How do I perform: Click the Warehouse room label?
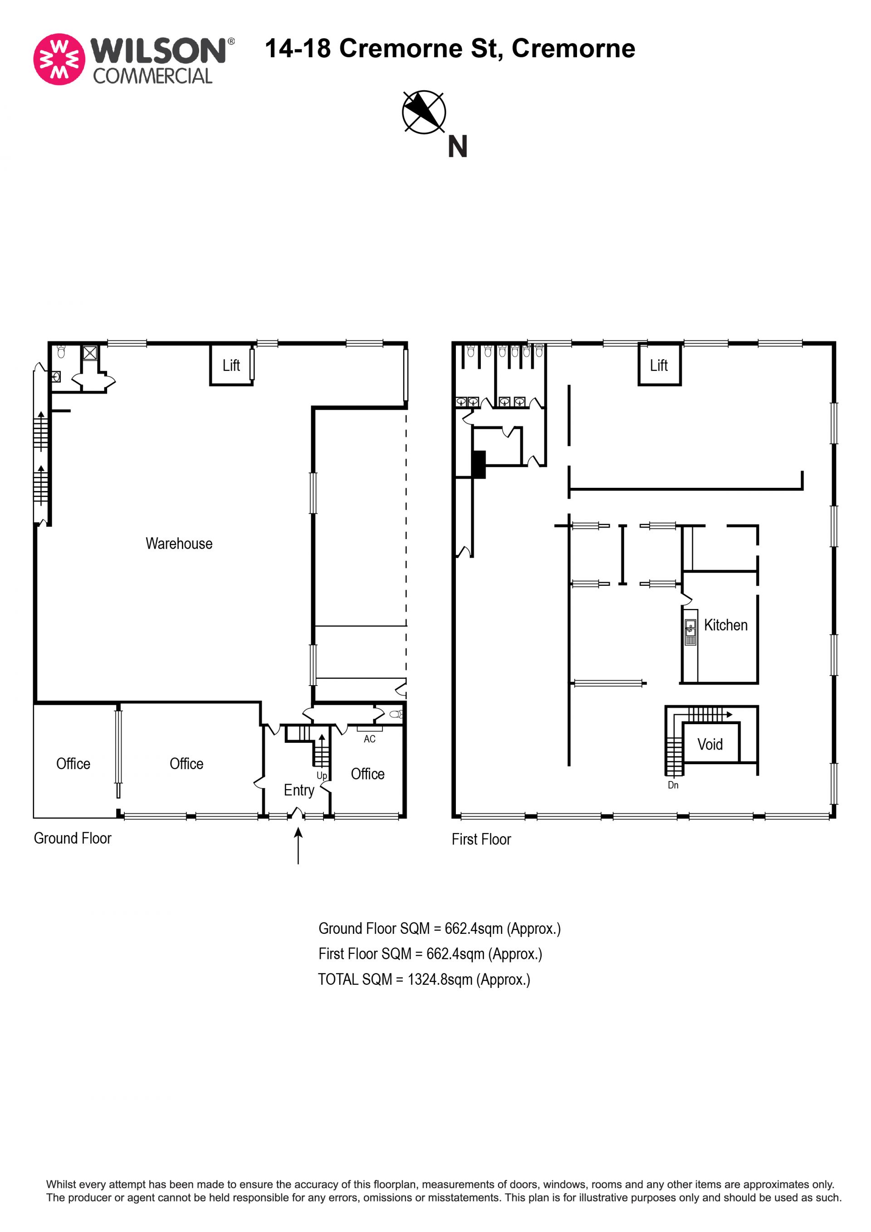(x=179, y=544)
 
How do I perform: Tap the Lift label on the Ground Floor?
(x=231, y=365)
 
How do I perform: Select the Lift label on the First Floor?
(x=659, y=365)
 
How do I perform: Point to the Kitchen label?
(x=726, y=625)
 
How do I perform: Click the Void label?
(x=710, y=744)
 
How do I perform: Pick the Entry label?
(x=299, y=790)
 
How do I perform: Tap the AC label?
(x=370, y=739)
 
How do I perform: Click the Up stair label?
(x=322, y=776)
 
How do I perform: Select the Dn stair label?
(x=673, y=785)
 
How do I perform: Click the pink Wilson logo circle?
(x=59, y=59)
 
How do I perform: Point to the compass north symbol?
(x=424, y=112)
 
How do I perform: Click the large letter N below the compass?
(x=457, y=146)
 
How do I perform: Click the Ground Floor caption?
(x=73, y=838)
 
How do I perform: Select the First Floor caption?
(x=481, y=839)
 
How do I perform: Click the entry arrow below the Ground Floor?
(x=298, y=846)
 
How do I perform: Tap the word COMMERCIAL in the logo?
(x=153, y=76)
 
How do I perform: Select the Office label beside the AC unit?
(x=367, y=774)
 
